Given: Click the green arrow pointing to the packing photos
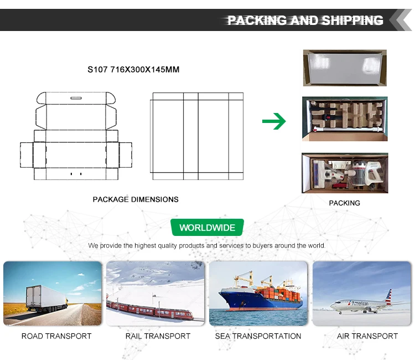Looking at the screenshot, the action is pos(273,121).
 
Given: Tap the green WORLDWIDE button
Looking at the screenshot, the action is pos(207,228).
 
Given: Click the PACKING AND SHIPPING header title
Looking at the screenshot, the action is pos(305,20).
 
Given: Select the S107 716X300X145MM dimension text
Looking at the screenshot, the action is pos(133,70).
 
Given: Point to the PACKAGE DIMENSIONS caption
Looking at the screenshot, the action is pos(136,199).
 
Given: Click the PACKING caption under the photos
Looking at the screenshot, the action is pos(344,203).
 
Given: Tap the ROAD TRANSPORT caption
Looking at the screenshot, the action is pos(56,336).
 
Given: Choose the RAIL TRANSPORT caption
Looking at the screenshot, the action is pos(158,336).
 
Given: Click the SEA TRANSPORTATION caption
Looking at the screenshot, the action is pos(258,336).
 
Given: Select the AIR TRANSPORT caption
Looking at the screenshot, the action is pos(367,336).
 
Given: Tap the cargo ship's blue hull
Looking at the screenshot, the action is pos(255,302).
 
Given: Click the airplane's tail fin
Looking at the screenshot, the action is pos(388,296).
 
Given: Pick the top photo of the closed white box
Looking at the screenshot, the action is pos(344,68).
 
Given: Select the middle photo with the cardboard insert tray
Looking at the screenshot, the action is pos(344,119).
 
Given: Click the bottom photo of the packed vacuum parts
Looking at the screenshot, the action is pos(344,173).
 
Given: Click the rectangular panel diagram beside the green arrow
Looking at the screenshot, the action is pos(198,136).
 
